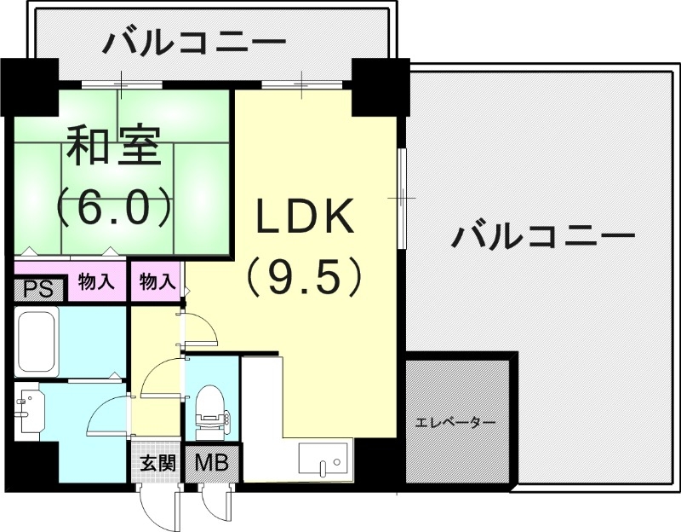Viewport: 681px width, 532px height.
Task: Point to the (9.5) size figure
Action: [305, 277]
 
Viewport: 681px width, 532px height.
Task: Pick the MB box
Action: [211, 464]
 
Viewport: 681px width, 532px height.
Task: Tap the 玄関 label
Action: [157, 464]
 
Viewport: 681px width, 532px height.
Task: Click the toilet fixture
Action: [209, 409]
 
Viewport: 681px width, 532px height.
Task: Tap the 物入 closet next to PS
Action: [95, 280]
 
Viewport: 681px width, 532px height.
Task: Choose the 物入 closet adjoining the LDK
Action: [157, 280]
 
